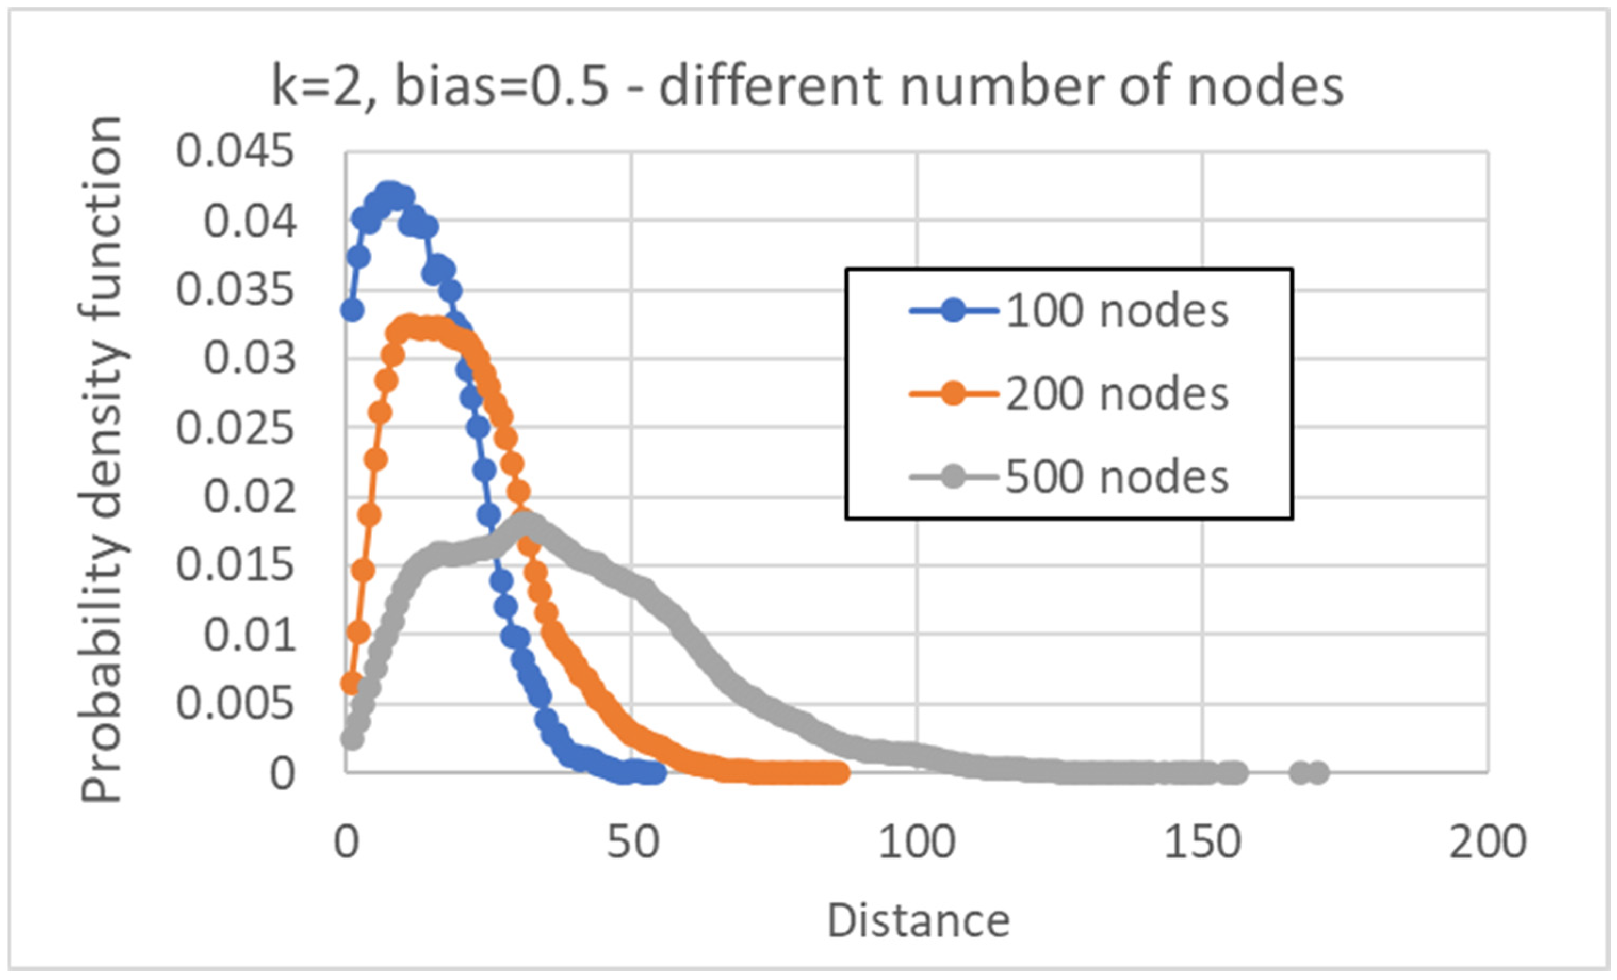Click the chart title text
807,87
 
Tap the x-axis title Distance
918,921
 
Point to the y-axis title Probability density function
102,459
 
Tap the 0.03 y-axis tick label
249,359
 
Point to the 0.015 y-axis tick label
235,566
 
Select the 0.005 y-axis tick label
235,704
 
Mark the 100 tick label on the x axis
917,842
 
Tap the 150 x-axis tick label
1202,842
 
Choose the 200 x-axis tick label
1488,842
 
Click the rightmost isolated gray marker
1318,773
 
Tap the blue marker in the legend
953,311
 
